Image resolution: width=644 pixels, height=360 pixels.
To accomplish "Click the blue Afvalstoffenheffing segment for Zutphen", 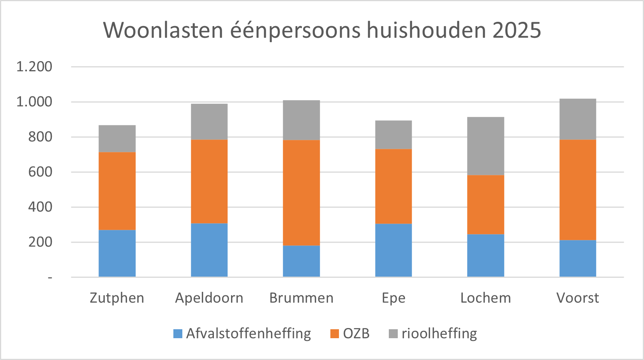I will coord(117,253).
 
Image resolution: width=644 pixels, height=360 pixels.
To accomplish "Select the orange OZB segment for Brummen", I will coord(301,192).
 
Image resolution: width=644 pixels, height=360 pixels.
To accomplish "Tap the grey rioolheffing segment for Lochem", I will coord(485,146).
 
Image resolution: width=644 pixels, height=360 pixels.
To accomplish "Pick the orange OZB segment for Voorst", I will coord(577,190).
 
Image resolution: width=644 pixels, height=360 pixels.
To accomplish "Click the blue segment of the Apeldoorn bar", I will coord(209,250).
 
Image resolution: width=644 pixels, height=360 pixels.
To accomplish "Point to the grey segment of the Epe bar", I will coord(393,135).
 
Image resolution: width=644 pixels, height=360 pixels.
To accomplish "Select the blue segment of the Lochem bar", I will coord(485,256).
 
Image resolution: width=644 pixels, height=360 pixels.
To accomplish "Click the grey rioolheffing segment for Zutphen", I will coord(117,139).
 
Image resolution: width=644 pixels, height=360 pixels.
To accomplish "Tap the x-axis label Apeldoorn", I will coord(209,298).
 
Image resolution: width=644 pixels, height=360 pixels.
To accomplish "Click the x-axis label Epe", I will coord(393,298).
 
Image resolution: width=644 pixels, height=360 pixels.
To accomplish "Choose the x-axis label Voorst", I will coord(577,298).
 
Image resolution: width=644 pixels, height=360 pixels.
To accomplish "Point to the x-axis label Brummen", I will coord(301,298).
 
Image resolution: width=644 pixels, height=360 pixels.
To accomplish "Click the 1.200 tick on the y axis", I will coord(34,67).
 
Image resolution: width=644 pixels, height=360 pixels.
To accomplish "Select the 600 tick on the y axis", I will coord(40,172).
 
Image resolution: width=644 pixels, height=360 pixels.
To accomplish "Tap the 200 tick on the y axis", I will coord(40,242).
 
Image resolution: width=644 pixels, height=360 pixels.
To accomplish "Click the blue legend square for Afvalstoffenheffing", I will coord(178,334).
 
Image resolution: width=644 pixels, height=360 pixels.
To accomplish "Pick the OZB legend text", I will coord(356,334).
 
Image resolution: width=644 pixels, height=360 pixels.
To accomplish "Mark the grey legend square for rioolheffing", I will coord(393,334).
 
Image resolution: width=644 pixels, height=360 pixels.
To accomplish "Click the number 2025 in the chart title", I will coord(517,30).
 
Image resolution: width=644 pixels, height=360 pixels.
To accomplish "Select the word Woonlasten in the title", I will coord(163,30).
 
